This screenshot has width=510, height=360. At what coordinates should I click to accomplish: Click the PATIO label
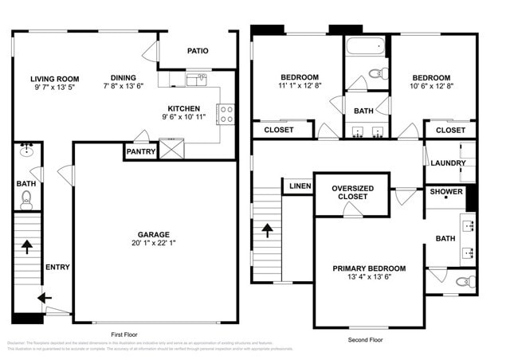click(198, 51)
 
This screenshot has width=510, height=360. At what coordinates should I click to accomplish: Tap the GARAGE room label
click(153, 234)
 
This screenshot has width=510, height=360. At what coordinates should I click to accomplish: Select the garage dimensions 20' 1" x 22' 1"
click(153, 244)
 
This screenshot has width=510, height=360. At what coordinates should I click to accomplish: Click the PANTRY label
click(140, 151)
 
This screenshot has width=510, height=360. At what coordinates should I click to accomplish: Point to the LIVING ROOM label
click(55, 79)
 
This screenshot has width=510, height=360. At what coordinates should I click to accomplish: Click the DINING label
click(124, 78)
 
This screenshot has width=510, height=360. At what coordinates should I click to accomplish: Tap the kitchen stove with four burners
click(226, 114)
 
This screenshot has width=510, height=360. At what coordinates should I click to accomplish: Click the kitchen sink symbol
click(197, 80)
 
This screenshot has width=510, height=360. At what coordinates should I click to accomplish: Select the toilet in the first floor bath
click(26, 198)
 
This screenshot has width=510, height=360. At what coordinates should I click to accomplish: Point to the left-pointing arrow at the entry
click(43, 298)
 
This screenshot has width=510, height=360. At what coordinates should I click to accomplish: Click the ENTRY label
click(57, 267)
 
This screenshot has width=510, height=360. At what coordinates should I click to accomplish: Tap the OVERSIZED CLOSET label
click(352, 192)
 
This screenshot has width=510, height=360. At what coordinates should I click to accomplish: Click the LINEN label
click(300, 186)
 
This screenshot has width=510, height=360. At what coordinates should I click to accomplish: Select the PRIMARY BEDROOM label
click(369, 268)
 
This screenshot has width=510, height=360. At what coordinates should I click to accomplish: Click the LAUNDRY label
click(447, 163)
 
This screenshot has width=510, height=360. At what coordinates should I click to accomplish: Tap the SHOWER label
click(445, 192)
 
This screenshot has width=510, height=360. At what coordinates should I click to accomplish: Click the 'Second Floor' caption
click(366, 340)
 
